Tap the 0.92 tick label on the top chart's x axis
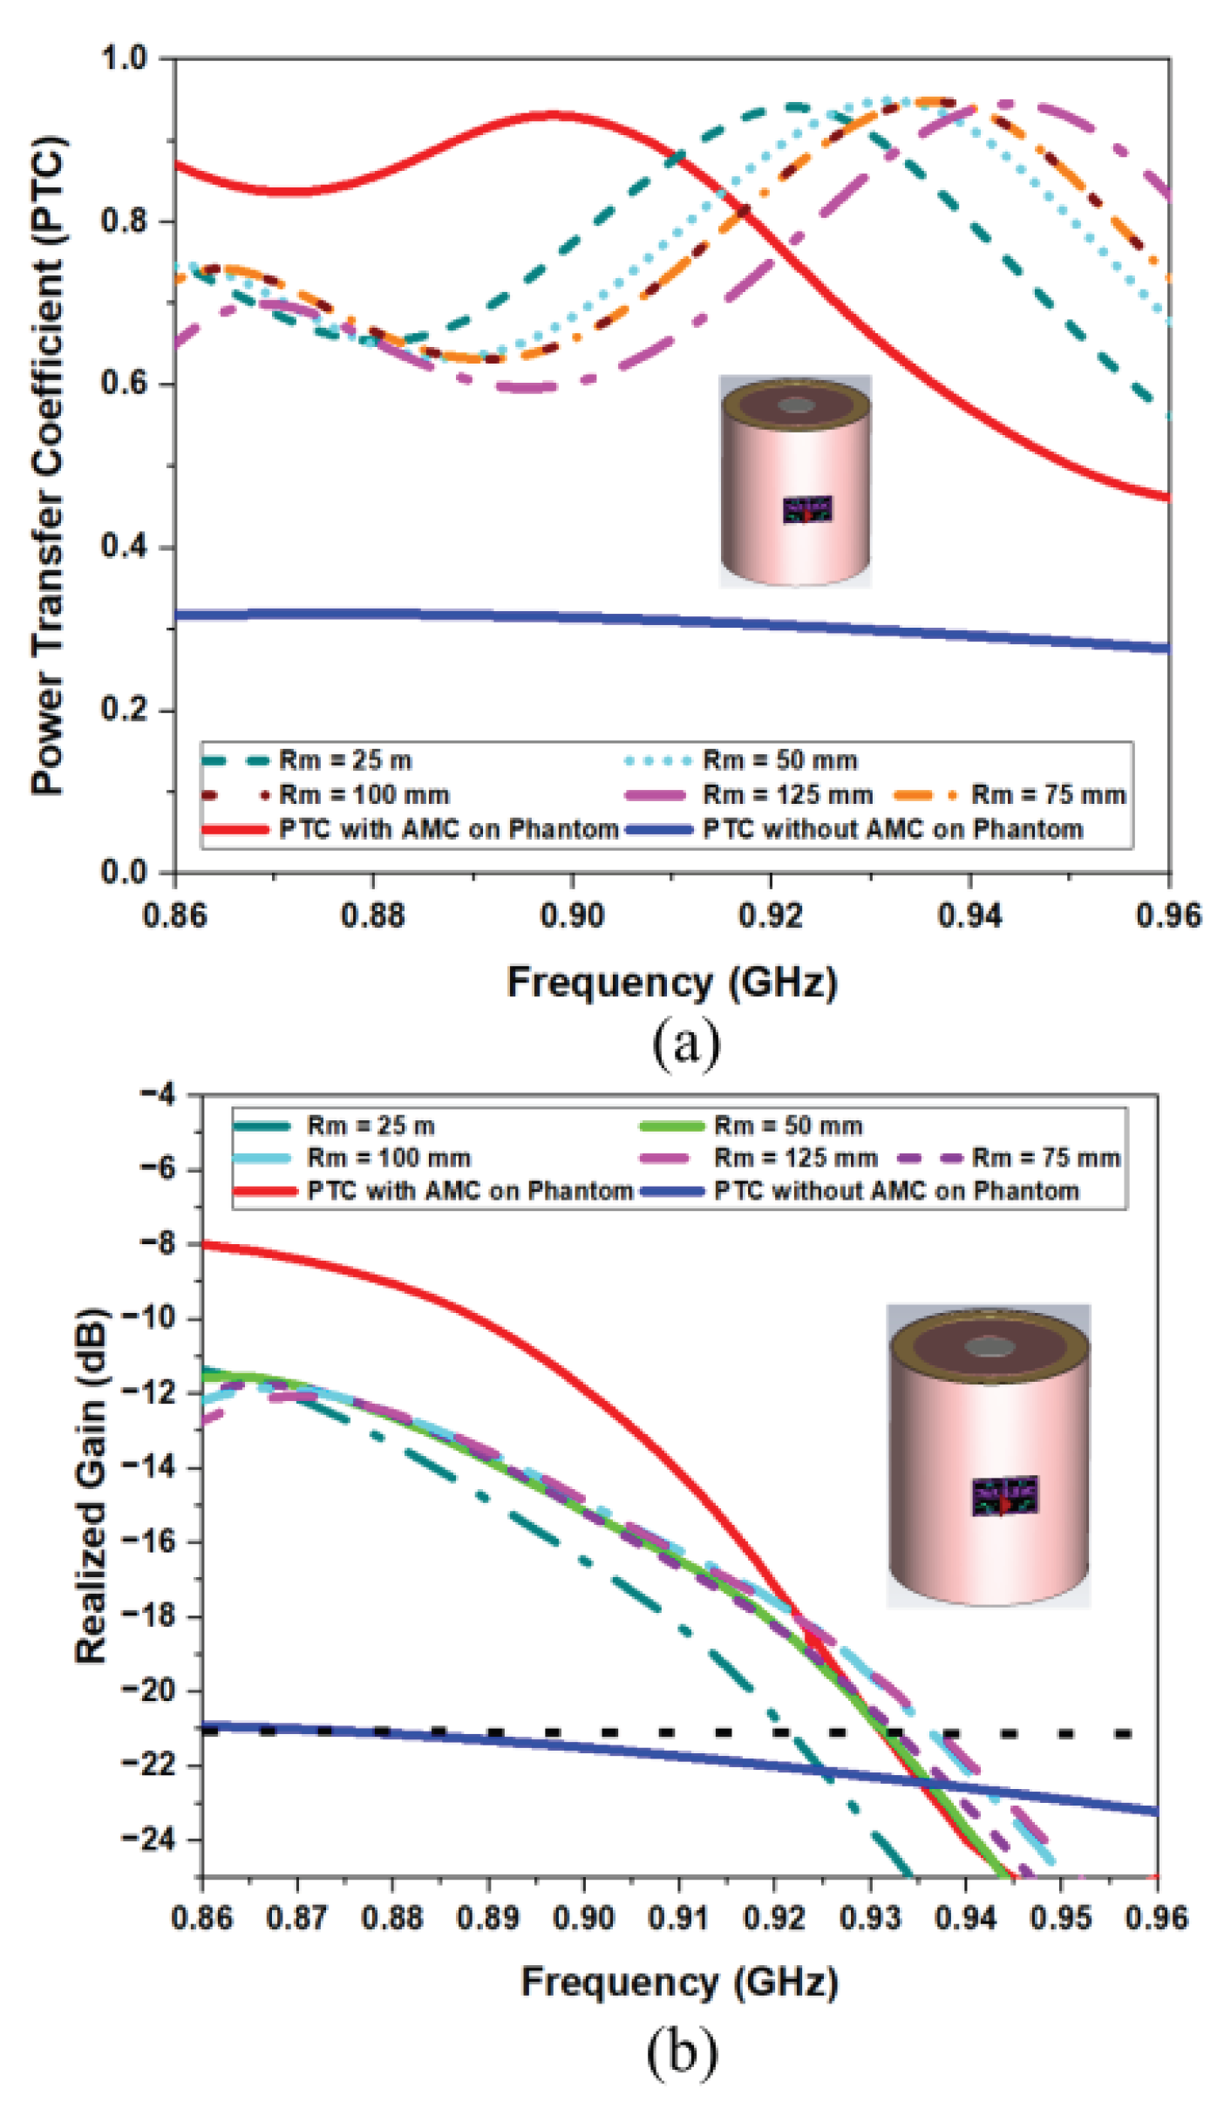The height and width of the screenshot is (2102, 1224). click(x=770, y=915)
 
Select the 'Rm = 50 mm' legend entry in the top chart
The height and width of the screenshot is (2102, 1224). click(x=779, y=760)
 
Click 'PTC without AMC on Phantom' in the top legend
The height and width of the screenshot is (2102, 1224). click(x=893, y=829)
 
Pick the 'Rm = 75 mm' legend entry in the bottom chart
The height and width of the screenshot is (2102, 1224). click(x=1045, y=1158)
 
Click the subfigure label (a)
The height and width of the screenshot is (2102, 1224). click(x=686, y=1042)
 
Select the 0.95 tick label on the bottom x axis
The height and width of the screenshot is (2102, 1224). click(x=1060, y=1918)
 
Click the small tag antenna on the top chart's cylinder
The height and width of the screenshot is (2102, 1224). click(x=807, y=510)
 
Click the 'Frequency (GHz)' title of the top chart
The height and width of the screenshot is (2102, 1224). click(x=672, y=983)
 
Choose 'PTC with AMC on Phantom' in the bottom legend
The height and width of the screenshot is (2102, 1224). click(x=469, y=1191)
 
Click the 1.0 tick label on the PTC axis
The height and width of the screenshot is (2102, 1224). click(x=125, y=58)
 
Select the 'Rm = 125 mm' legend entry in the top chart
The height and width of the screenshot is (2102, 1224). click(x=786, y=795)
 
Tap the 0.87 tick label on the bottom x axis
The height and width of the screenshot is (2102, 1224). click(x=296, y=1918)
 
